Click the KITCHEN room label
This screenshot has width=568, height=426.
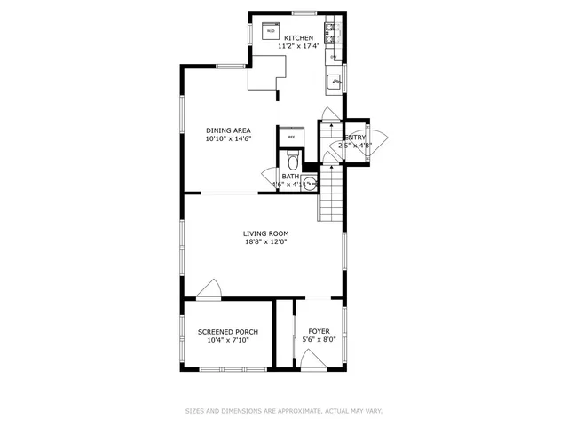tap(298, 37)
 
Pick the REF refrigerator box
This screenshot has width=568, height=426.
tap(291, 137)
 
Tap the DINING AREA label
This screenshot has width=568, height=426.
tap(229, 130)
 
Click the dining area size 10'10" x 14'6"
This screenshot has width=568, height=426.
tap(229, 139)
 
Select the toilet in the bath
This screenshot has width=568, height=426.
tap(293, 162)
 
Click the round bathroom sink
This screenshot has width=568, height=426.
tap(309, 184)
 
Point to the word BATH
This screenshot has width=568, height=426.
tap(291, 177)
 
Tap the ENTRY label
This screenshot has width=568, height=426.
tap(355, 137)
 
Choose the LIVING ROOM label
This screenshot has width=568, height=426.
tap(266, 233)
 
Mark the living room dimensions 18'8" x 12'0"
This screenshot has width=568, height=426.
tap(266, 242)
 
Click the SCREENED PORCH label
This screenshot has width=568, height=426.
tap(228, 331)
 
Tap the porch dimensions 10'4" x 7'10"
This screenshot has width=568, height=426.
tap(228, 340)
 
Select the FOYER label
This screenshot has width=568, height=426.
tap(319, 331)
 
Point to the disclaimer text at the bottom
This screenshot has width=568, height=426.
tap(284, 411)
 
